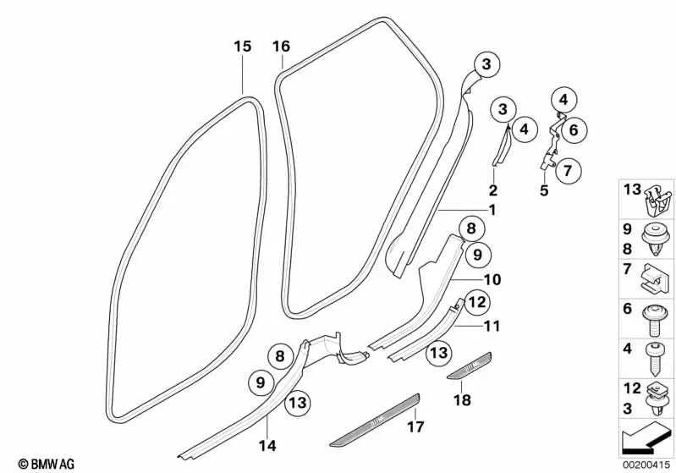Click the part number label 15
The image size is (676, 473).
[243, 47]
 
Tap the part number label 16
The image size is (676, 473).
[282, 47]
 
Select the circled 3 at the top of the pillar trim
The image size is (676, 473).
[486, 63]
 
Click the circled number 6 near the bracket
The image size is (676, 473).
[573, 130]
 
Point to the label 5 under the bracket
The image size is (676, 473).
[544, 191]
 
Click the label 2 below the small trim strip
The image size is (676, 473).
[492, 191]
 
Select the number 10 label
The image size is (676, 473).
[492, 278]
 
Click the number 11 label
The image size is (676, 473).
[492, 325]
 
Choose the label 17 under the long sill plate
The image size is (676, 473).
[416, 428]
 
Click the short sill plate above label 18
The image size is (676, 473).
[466, 366]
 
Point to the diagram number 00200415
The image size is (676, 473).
[646, 464]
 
